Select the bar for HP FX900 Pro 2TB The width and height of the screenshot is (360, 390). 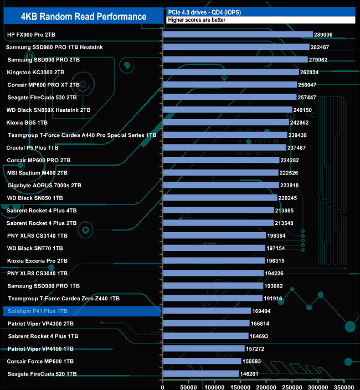point(238,34)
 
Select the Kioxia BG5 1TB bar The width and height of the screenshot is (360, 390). point(225,122)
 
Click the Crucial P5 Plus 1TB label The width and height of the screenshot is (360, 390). point(33,148)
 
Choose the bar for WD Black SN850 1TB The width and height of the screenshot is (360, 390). point(220,198)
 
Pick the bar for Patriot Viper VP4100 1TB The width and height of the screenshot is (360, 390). point(203,348)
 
